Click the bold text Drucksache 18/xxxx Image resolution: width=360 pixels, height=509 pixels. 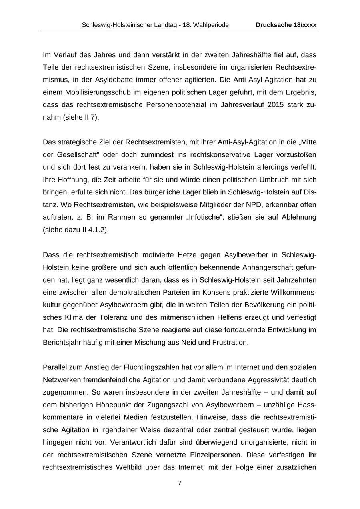[286, 25]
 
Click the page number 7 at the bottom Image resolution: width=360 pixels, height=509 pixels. [180, 483]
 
